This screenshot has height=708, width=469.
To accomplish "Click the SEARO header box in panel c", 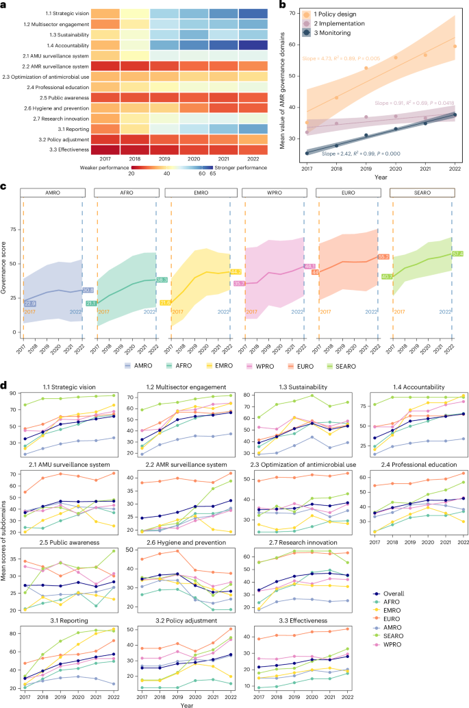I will (x=421, y=193).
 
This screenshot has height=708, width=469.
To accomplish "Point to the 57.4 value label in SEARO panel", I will (x=458, y=254).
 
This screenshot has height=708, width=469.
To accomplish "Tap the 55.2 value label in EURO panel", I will (x=383, y=256).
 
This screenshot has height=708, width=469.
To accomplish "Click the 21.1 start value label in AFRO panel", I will (x=90, y=283).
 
